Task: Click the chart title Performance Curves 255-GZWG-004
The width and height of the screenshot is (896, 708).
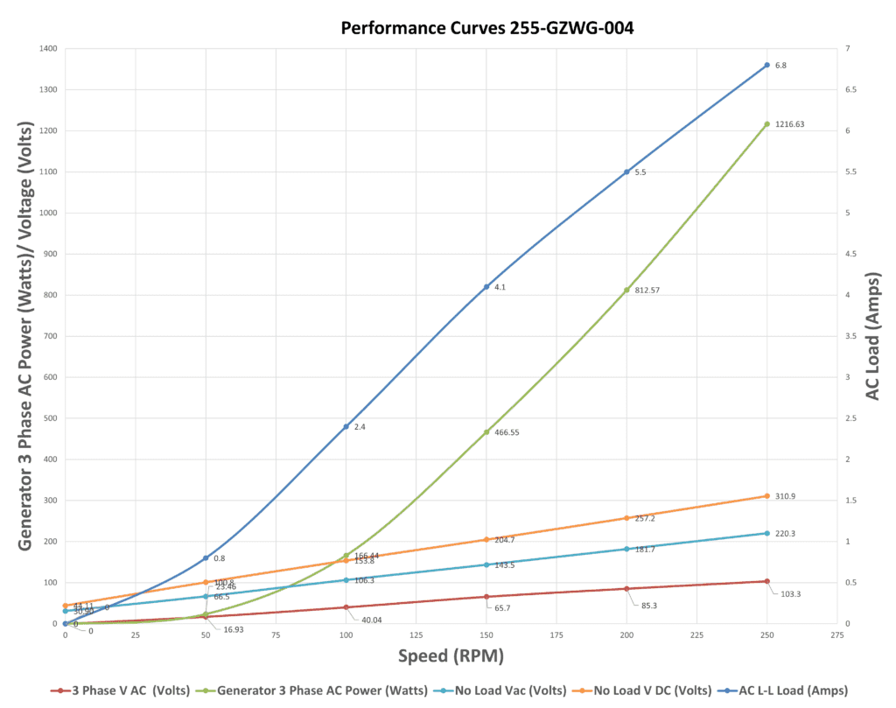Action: pos(486,28)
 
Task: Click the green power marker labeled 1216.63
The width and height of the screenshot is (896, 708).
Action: pos(766,124)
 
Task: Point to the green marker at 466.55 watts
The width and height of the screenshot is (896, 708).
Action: pos(486,432)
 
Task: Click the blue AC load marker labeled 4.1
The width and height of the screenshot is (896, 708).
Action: pos(486,287)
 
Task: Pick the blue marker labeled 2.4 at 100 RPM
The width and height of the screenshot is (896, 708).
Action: pos(346,427)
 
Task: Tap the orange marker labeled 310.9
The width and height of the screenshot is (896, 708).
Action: pos(766,496)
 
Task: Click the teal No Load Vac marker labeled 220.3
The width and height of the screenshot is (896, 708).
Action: pos(766,533)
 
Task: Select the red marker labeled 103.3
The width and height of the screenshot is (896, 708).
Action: pos(766,581)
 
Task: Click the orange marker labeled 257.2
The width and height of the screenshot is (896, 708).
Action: pos(626,518)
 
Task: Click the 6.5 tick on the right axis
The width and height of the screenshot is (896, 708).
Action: pos(851,90)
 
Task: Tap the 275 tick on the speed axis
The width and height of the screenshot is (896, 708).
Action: pos(836,636)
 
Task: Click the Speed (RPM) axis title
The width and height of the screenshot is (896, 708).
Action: pos(451,655)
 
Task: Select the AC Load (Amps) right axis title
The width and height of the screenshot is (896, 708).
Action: pos(873,336)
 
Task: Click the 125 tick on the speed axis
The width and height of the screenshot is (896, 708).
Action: pos(416,636)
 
